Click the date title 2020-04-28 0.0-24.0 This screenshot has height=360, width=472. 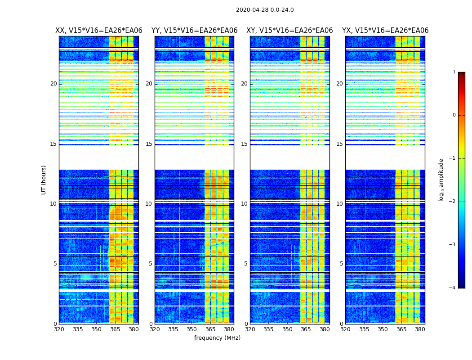265,10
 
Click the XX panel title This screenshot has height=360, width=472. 98,31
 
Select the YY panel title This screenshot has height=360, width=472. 194,31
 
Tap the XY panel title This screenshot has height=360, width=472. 289,31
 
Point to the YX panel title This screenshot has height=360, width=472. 385,31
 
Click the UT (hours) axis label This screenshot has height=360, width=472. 44,180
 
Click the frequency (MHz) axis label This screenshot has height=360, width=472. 217,338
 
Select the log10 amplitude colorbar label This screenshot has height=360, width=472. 441,180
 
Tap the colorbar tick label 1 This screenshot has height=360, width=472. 454,72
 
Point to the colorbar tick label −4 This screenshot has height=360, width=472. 453,288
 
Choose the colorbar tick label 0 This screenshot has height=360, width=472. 454,115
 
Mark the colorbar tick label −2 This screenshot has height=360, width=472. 453,202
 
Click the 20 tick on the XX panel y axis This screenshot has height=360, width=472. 53,84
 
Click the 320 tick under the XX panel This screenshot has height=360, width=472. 59,329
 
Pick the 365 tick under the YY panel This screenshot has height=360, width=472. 210,329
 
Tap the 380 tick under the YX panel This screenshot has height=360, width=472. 420,329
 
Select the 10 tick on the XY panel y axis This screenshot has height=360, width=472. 244,204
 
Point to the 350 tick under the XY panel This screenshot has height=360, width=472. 287,329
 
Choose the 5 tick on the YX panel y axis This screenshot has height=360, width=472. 342,264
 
